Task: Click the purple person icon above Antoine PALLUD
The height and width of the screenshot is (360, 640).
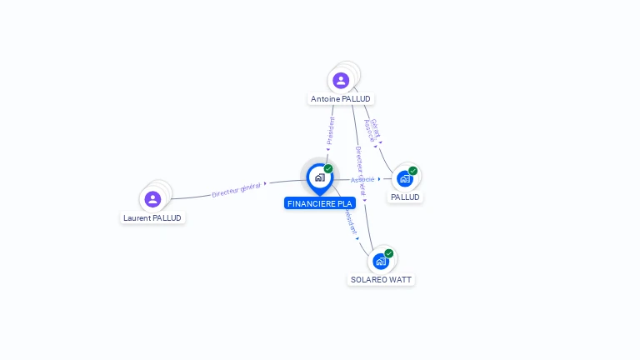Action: tap(340, 81)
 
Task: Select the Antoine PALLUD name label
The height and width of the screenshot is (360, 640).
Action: tap(341, 99)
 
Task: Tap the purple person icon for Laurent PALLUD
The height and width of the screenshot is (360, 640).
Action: tap(152, 199)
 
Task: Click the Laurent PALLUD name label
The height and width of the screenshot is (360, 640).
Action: tap(152, 218)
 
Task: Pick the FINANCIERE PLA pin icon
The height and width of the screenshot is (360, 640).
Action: tap(319, 177)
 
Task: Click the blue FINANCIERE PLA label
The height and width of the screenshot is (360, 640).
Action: tap(320, 203)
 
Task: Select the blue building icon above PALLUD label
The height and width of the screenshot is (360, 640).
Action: tap(404, 178)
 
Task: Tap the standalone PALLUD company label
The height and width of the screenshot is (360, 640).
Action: tap(405, 197)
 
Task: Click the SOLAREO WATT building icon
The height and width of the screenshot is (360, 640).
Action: tap(381, 261)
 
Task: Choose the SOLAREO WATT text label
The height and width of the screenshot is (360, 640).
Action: tap(381, 280)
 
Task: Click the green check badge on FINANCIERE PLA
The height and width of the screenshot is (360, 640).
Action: tap(328, 169)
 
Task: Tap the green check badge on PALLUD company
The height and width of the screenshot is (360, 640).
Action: tap(412, 171)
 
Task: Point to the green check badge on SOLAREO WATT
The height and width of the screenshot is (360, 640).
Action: tap(389, 253)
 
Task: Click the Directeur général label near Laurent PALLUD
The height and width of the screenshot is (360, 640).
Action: tap(236, 189)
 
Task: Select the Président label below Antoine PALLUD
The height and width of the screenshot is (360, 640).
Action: tap(331, 131)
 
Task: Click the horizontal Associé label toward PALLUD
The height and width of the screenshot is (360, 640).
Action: tap(362, 179)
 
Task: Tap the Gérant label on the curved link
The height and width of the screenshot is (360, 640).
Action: tap(376, 126)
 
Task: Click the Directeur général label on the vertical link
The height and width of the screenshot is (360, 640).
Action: tap(360, 171)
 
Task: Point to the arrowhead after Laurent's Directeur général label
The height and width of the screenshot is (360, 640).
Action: tap(265, 183)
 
